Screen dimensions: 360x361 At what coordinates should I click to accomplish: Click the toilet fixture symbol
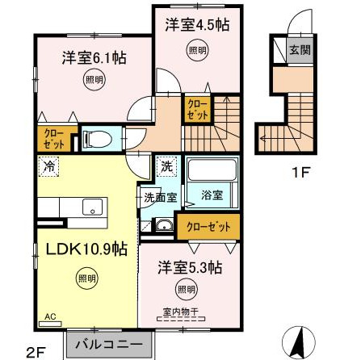[x=99, y=138]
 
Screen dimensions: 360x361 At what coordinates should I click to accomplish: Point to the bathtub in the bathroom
[x=211, y=171]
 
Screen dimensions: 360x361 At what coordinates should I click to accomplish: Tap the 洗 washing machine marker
[x=165, y=167]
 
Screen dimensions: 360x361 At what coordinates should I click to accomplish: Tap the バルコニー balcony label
[x=110, y=343]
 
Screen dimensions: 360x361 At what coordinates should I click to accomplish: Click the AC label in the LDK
[x=50, y=317]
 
